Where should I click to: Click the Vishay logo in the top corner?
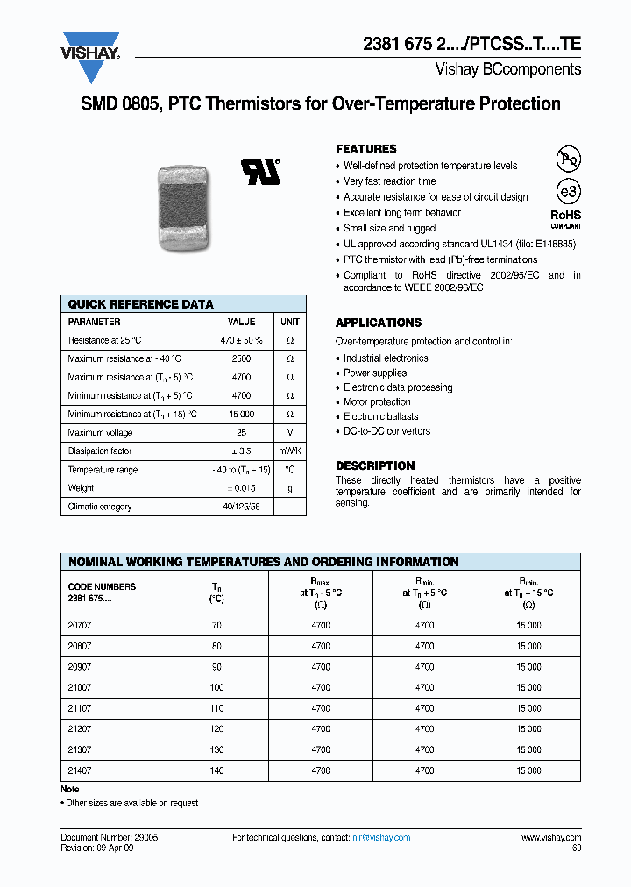(x=90, y=46)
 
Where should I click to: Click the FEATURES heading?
(x=366, y=149)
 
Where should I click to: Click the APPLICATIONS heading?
(x=379, y=323)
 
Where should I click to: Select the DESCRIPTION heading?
(x=375, y=465)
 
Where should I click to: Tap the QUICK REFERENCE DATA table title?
(x=141, y=304)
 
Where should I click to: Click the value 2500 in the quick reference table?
(x=242, y=358)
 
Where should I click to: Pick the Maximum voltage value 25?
(x=242, y=433)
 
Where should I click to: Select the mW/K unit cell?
(x=289, y=451)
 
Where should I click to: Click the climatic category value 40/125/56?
(x=242, y=507)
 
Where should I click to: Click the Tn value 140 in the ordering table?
(x=216, y=770)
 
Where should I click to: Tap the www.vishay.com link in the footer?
(x=551, y=838)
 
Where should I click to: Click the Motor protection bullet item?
(x=377, y=402)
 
